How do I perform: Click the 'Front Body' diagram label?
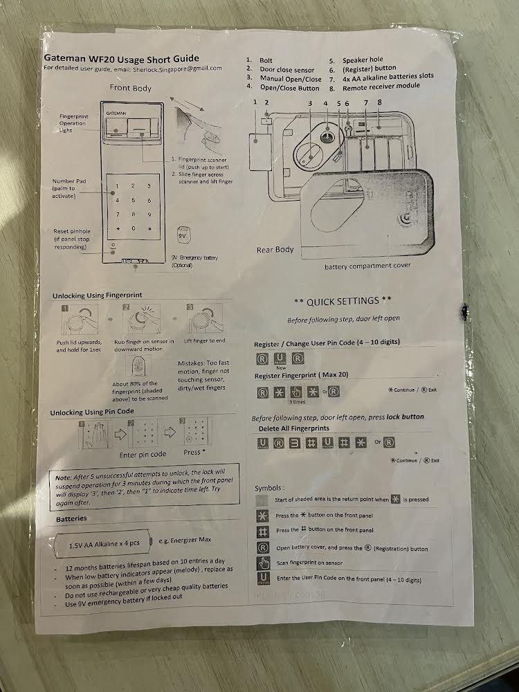131,88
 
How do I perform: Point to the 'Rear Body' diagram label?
275,249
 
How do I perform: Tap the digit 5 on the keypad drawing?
134,200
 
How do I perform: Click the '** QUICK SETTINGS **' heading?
343,301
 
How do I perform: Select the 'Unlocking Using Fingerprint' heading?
98,295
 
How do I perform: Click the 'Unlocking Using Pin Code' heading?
92,412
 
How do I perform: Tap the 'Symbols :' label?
269,488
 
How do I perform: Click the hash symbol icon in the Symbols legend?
263,531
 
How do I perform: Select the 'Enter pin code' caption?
143,454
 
